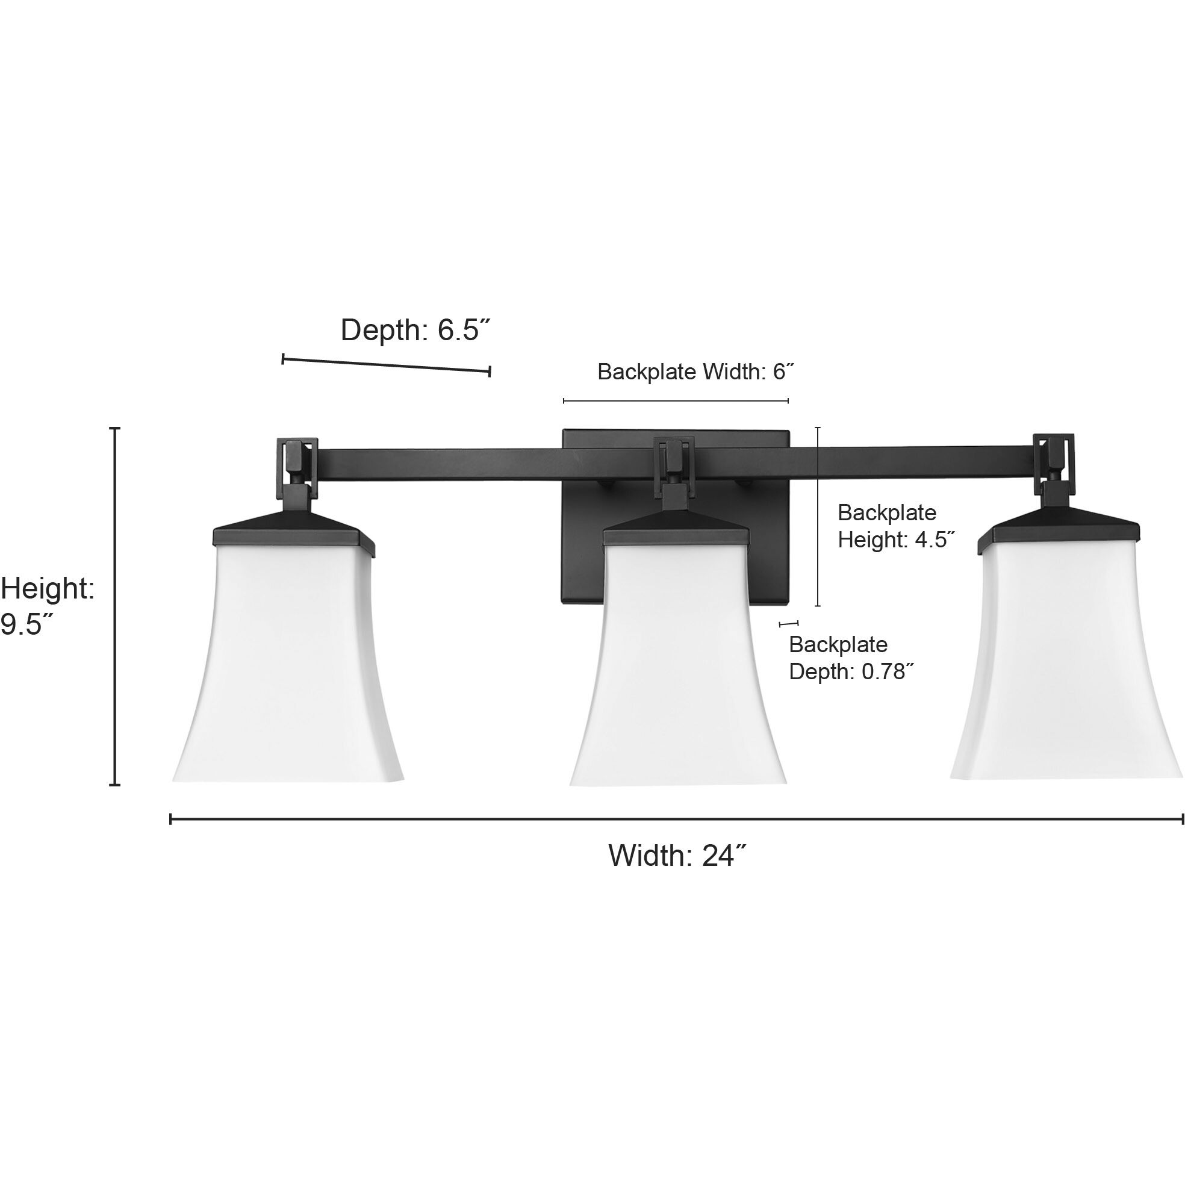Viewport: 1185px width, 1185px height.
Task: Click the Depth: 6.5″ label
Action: (x=416, y=330)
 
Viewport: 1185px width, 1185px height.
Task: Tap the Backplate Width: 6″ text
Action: (x=695, y=372)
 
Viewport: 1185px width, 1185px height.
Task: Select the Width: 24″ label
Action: (x=677, y=855)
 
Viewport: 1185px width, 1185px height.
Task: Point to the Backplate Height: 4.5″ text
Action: (x=895, y=526)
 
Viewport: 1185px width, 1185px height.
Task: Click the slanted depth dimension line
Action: (x=386, y=365)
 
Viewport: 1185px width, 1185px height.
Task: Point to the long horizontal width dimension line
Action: (x=674, y=819)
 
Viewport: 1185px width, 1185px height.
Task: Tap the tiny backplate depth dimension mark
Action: (x=788, y=624)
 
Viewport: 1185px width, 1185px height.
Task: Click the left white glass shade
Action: (x=288, y=662)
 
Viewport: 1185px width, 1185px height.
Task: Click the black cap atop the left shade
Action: (x=293, y=532)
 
